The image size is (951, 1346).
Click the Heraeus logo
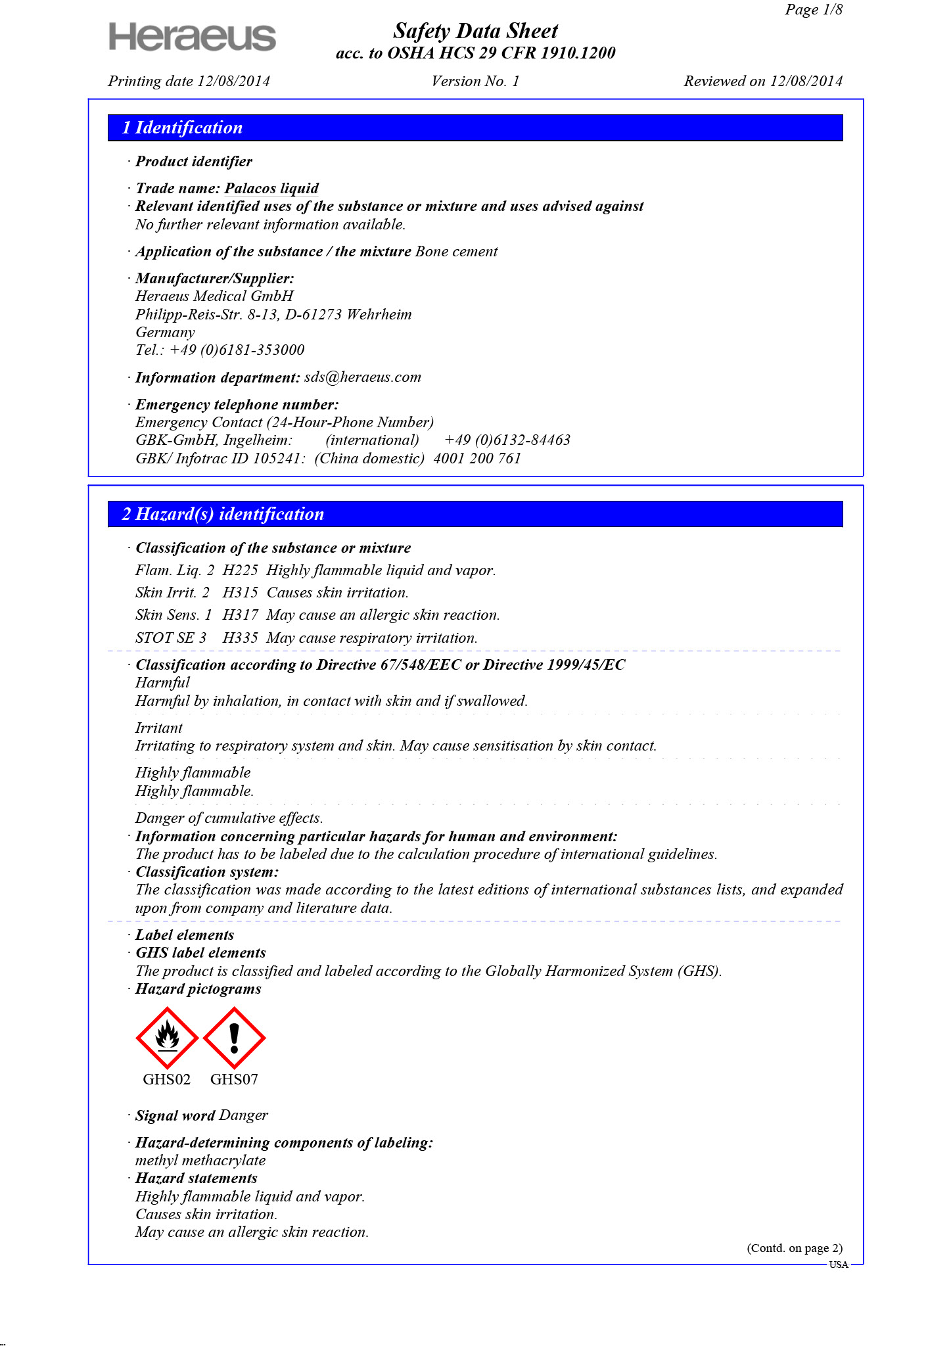click(192, 37)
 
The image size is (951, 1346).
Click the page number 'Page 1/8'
click(813, 10)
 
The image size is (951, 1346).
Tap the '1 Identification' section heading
click(182, 128)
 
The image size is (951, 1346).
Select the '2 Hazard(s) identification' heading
click(223, 514)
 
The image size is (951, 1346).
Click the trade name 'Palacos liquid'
click(271, 189)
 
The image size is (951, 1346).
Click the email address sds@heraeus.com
click(363, 377)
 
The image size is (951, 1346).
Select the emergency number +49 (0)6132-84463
click(507, 440)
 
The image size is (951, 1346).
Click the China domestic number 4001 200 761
click(477, 459)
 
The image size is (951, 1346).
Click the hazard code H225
click(240, 570)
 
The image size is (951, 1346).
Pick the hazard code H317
click(240, 615)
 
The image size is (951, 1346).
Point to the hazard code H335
click(240, 638)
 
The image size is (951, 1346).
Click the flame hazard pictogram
click(167, 1038)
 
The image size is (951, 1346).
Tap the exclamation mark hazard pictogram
click(234, 1038)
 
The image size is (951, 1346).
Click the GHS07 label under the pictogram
click(234, 1079)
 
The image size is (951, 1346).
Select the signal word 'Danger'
click(243, 1115)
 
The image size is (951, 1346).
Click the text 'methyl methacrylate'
click(200, 1161)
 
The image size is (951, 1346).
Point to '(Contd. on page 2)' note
click(794, 1248)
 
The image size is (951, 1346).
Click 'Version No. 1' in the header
click(475, 81)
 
